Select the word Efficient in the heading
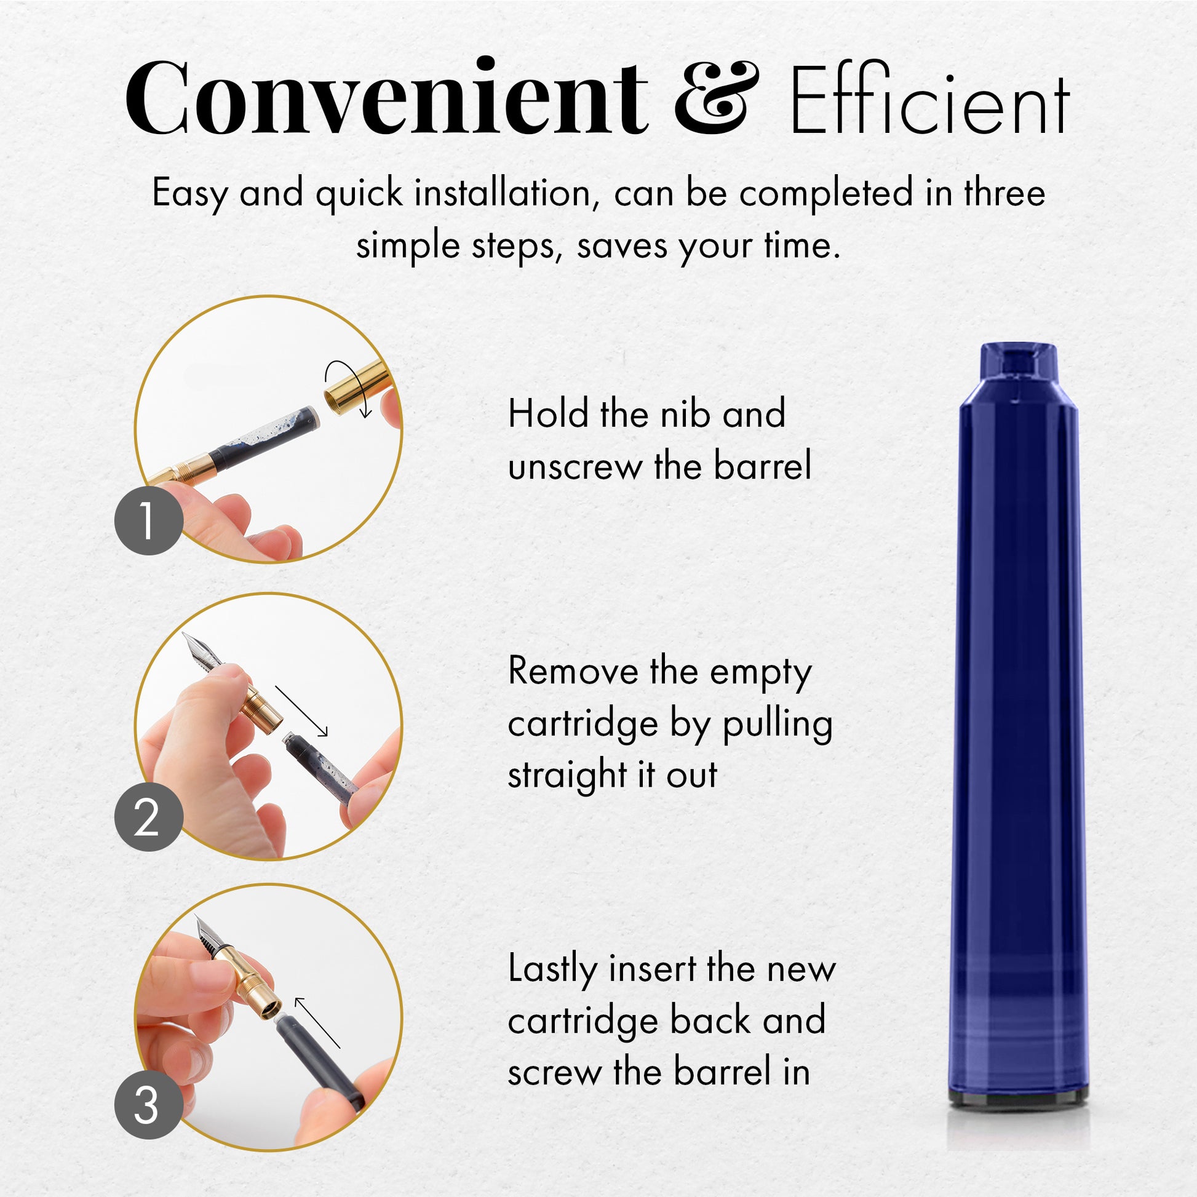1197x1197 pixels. [x=930, y=99]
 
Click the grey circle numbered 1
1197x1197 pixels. [x=149, y=520]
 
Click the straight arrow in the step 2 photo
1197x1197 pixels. [x=301, y=710]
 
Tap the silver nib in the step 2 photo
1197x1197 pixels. [x=201, y=651]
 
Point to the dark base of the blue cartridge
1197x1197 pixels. [x=1019, y=1097]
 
